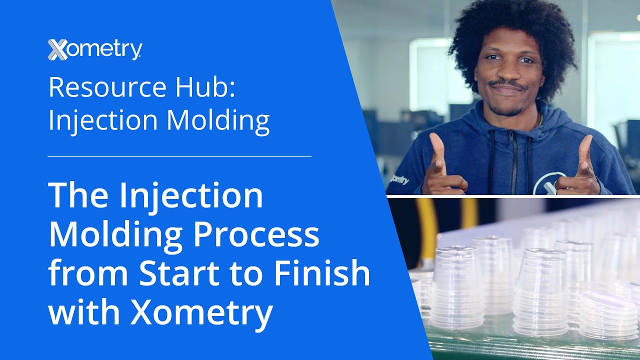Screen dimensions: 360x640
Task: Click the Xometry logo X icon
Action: tap(58, 50)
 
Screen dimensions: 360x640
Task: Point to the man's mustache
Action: tap(506, 85)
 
